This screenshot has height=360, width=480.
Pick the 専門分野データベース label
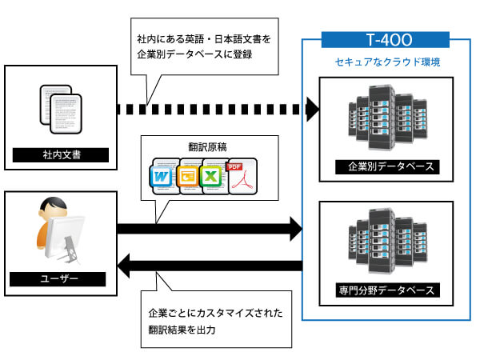pyautogui.click(x=386, y=289)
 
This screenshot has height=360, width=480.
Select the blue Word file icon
pyautogui.click(x=162, y=176)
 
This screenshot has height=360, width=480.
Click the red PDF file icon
pyautogui.click(x=238, y=176)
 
